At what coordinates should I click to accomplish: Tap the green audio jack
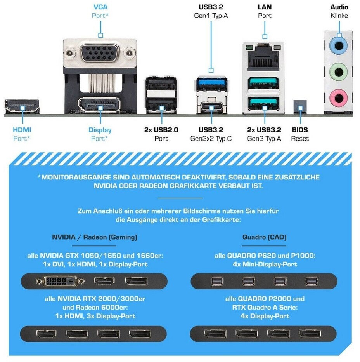(x=338, y=72)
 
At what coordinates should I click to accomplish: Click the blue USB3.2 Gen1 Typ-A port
(x=211, y=83)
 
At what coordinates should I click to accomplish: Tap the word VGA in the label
(x=100, y=7)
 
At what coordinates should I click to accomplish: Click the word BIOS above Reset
(x=300, y=130)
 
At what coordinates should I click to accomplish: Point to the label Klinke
(x=339, y=16)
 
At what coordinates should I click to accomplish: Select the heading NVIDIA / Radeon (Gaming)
(x=95, y=237)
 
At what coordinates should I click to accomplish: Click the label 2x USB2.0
(x=161, y=130)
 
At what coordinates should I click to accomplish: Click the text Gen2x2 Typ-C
(x=211, y=139)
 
